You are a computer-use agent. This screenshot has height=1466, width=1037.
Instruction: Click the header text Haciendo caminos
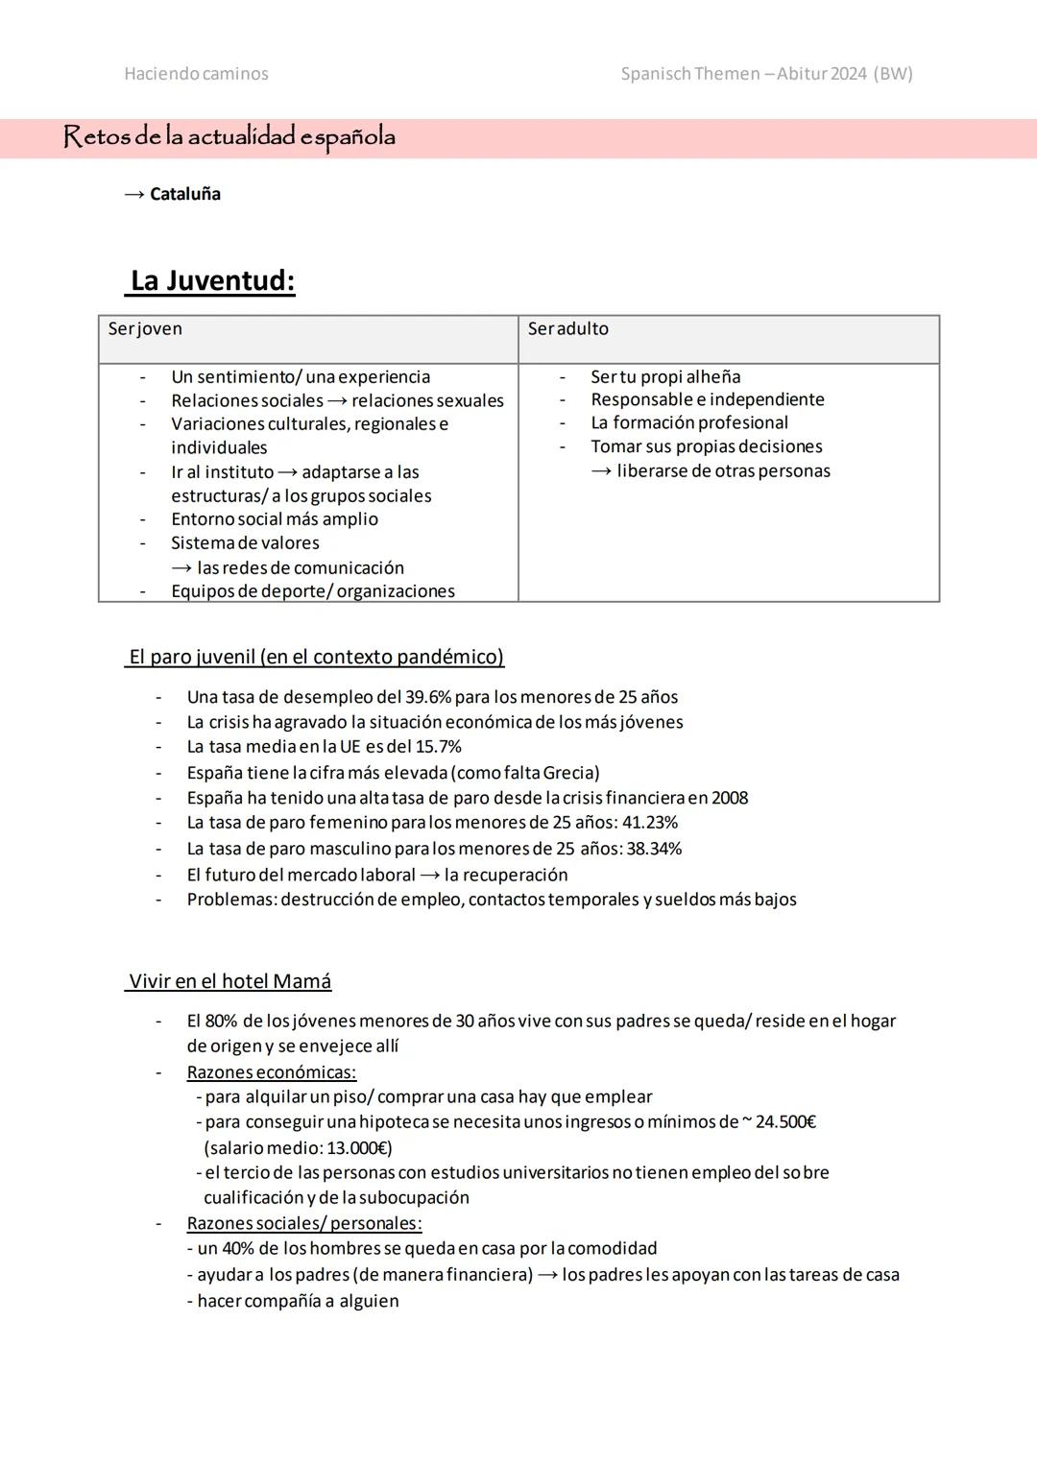click(x=196, y=74)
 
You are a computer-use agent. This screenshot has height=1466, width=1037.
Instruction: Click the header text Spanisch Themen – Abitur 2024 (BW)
click(x=766, y=74)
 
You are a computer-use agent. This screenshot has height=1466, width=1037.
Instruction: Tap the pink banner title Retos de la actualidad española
click(x=229, y=137)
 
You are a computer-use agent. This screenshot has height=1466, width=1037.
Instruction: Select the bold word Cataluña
click(x=185, y=194)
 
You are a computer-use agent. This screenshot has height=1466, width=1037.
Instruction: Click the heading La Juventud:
click(x=212, y=280)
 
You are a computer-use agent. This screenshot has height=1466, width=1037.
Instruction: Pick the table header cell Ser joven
click(x=145, y=329)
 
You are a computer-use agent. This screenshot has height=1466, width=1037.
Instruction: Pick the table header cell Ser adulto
click(x=567, y=329)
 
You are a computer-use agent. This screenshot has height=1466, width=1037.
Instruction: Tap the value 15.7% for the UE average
click(x=438, y=747)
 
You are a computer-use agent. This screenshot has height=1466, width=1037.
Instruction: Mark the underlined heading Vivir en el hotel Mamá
click(x=229, y=981)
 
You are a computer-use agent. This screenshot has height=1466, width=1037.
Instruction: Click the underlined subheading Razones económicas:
click(x=272, y=1072)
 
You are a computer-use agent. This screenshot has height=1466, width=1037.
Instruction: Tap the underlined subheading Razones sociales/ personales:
click(x=304, y=1223)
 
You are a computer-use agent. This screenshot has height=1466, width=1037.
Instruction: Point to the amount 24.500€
click(x=785, y=1122)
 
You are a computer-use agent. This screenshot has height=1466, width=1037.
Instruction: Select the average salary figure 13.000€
click(x=357, y=1148)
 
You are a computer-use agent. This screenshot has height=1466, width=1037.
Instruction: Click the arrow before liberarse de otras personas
click(x=601, y=471)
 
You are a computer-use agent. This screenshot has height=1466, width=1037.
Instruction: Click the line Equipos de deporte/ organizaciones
click(x=313, y=591)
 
